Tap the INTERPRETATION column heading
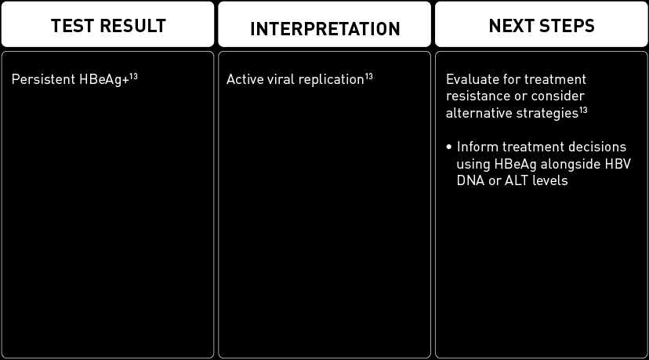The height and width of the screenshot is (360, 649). pos(324,30)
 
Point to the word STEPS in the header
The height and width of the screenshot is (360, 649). pos(566,26)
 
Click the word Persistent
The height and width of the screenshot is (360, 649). pos(38,80)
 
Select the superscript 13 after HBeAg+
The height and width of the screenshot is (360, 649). pos(133,76)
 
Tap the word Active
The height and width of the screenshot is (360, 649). pos(242,80)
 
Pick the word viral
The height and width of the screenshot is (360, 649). pos(277,80)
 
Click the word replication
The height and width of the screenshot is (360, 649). pos(328,80)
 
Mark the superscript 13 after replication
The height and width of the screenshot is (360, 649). pos(368,76)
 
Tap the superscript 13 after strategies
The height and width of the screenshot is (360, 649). pos(583,109)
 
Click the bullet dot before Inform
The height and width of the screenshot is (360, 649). pos(449,147)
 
